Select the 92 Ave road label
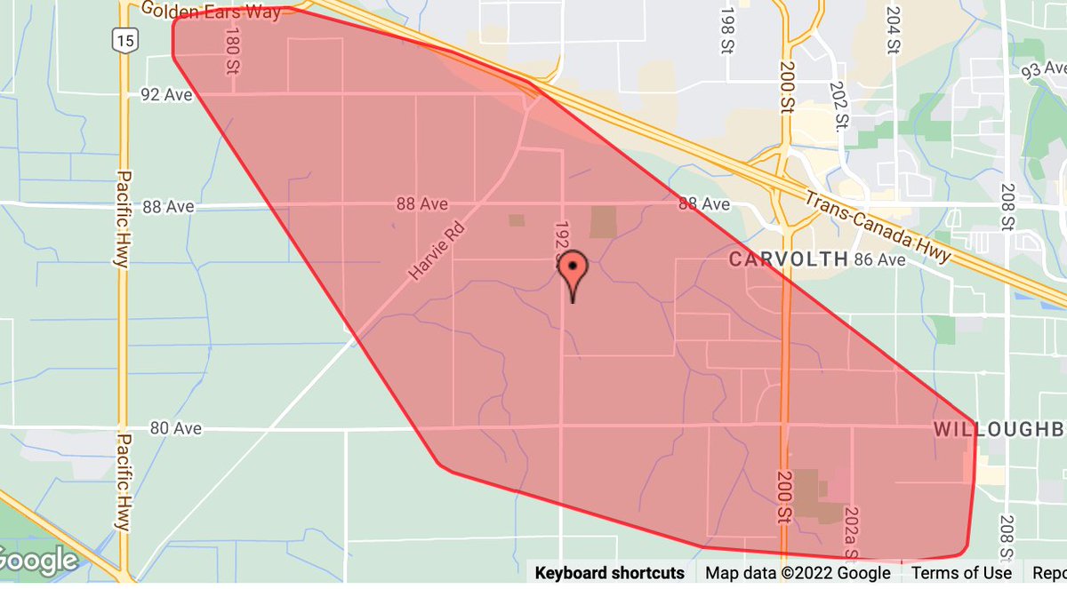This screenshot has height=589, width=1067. click(x=166, y=94)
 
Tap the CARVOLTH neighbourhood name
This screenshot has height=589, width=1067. click(x=789, y=259)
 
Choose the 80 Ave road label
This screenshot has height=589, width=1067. click(x=175, y=428)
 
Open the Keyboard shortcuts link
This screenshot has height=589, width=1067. click(x=609, y=573)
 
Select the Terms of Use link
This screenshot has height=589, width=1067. click(x=961, y=573)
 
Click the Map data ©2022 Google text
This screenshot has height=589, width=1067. click(x=798, y=573)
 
